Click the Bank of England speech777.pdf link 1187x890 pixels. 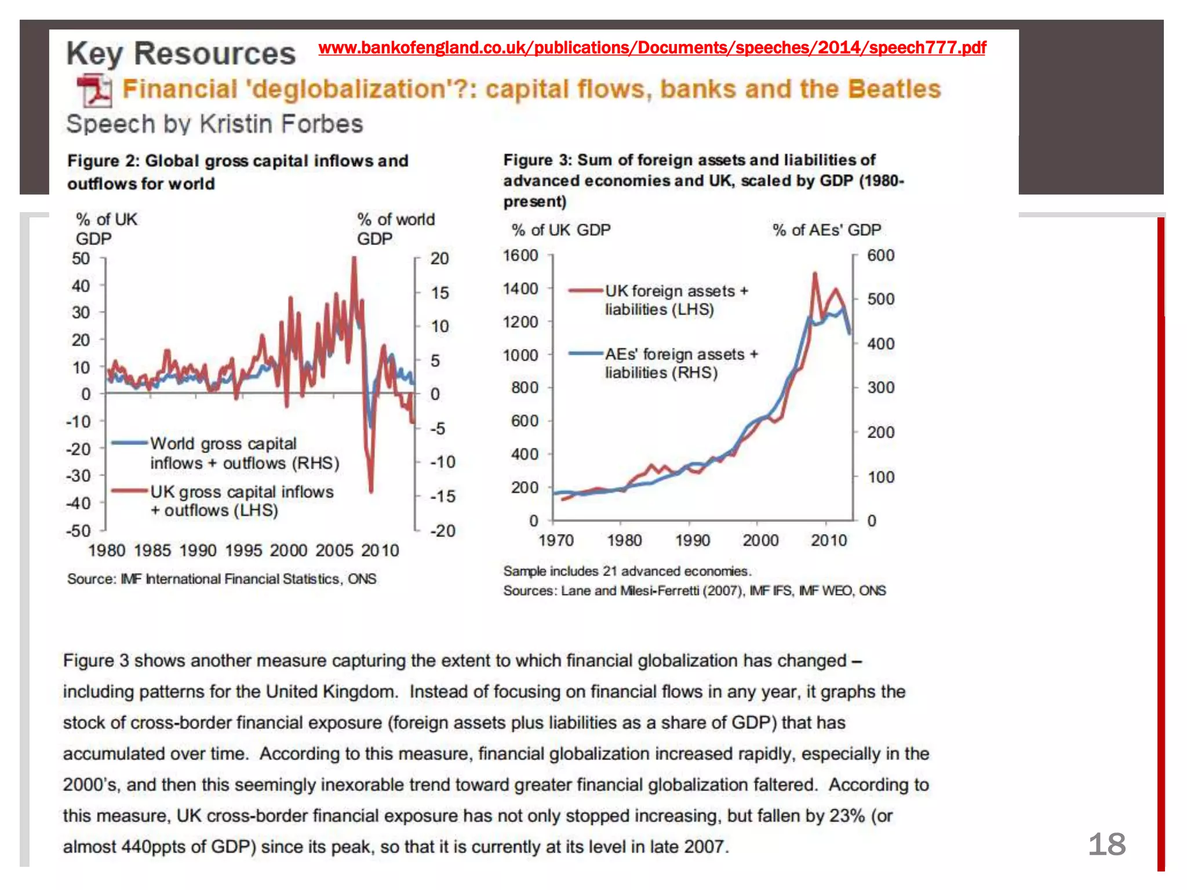click(652, 48)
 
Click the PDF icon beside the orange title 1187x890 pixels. click(94, 90)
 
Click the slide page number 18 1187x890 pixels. click(1106, 844)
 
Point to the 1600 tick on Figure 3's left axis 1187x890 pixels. click(520, 256)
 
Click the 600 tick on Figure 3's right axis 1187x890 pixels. click(880, 256)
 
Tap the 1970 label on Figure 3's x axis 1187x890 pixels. click(556, 541)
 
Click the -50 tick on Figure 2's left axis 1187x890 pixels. click(79, 531)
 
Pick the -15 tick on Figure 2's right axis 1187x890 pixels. click(443, 497)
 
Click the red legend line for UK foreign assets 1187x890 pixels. click(585, 291)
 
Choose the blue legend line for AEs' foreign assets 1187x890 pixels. click(585, 353)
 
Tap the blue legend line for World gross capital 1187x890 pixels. click(129, 443)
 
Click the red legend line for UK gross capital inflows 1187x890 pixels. click(129, 491)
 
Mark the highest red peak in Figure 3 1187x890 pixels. click(815, 273)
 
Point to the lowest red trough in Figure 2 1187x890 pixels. click(371, 491)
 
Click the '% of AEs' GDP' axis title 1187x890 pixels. click(826, 231)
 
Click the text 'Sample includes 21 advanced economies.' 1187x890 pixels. click(627, 571)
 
